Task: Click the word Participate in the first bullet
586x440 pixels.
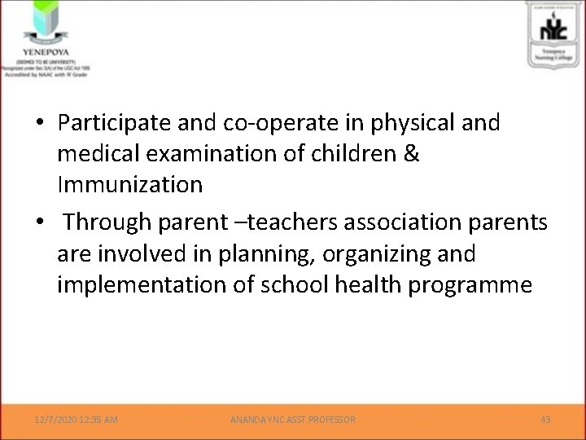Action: tap(111, 123)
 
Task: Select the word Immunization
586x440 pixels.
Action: tap(130, 185)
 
